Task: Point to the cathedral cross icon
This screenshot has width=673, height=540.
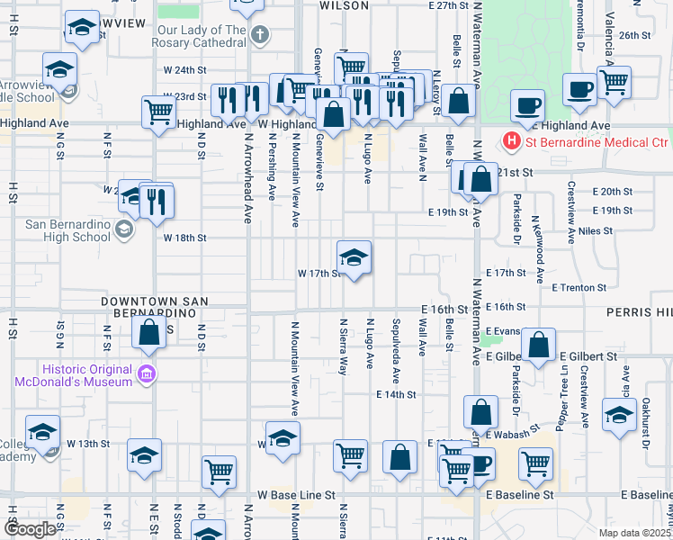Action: [x=260, y=36]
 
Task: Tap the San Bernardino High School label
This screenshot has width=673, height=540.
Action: [x=55, y=230]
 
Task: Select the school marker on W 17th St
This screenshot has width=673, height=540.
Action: [x=354, y=257]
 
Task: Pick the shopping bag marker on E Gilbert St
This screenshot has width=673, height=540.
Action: [x=538, y=346]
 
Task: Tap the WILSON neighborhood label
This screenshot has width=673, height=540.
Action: [x=344, y=5]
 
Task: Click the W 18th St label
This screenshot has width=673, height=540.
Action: [x=185, y=238]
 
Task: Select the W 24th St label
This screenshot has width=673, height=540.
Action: [x=185, y=69]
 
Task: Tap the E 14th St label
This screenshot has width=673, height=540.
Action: [x=397, y=394]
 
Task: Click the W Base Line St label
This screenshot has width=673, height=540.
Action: [x=296, y=495]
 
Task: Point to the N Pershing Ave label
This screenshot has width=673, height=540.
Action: [x=271, y=166]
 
